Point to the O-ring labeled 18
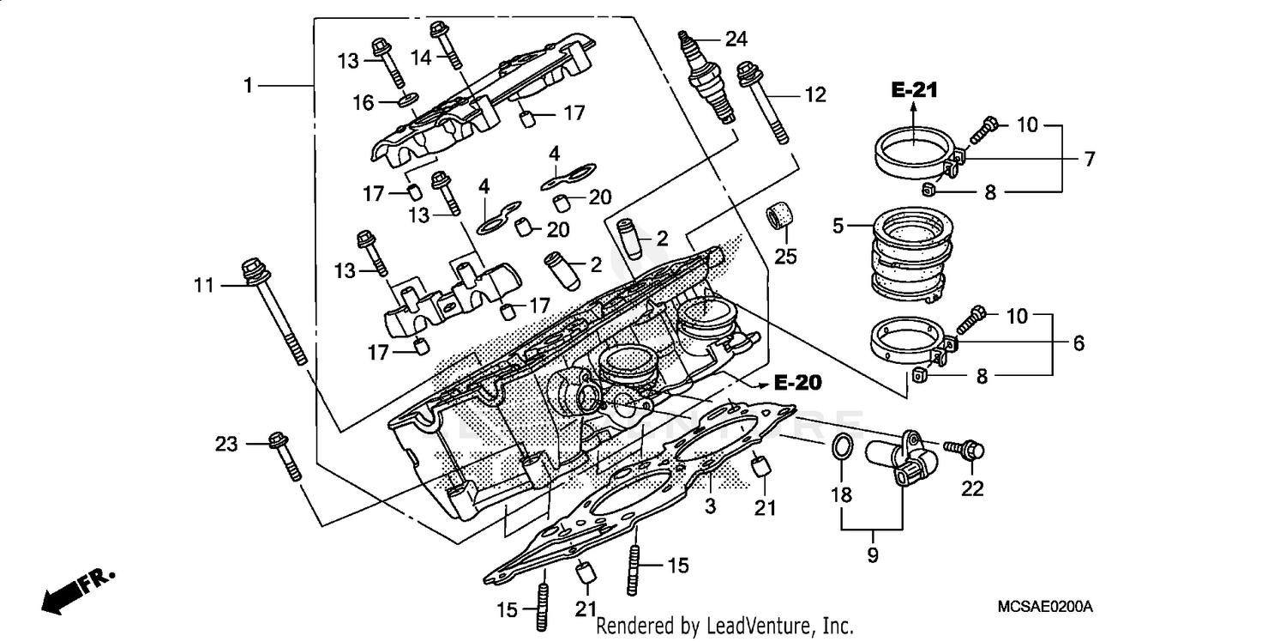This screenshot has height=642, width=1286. (842, 447)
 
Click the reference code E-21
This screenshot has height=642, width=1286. (914, 89)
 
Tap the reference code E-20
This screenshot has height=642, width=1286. (797, 384)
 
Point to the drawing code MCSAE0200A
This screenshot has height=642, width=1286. (1045, 606)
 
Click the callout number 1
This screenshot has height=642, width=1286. (248, 86)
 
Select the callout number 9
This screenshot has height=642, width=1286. (872, 555)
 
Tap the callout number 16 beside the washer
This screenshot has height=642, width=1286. (364, 103)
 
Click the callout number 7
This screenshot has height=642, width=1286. (1089, 158)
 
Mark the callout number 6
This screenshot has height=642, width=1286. (1078, 343)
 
